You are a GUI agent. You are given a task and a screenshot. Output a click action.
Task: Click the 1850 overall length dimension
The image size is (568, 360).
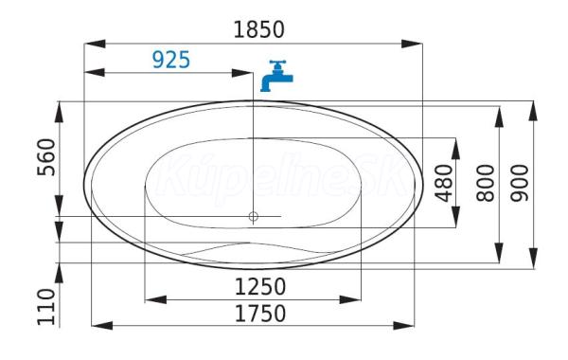[258, 29]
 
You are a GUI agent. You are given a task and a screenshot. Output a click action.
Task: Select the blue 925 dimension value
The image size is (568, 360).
[171, 60]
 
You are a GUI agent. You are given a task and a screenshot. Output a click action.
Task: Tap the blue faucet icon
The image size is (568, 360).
[276, 76]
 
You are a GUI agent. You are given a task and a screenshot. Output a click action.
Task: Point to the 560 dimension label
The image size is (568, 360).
[46, 157]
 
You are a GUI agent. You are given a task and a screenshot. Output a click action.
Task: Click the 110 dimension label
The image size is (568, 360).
[46, 307]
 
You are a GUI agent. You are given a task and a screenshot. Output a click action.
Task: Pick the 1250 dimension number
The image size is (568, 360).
[260, 287]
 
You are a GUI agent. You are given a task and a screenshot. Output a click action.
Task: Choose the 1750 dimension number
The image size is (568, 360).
[260, 314]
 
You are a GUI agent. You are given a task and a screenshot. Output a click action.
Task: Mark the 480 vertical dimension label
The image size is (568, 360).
[444, 183]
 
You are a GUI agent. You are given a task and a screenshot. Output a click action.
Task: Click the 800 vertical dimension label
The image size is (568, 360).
[486, 183]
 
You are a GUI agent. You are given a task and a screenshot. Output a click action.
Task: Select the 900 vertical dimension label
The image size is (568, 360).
[520, 183]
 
